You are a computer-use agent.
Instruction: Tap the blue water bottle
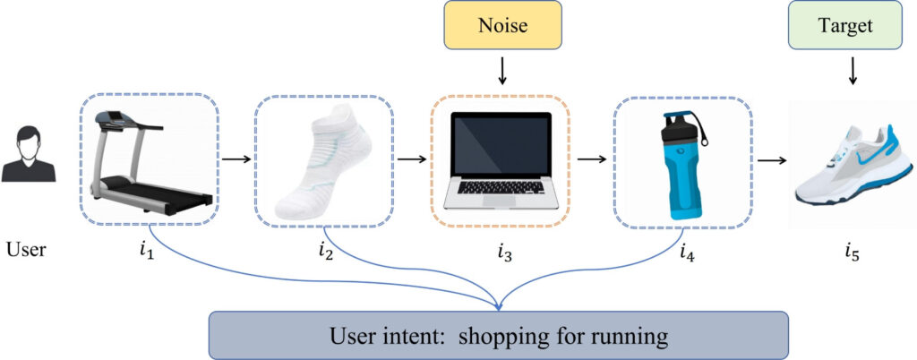tap(681, 166)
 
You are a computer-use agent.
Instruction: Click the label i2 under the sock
tap(325, 252)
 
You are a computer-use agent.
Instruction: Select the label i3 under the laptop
tap(505, 252)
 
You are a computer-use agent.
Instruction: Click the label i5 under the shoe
tap(852, 252)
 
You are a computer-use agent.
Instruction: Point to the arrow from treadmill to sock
tap(236, 161)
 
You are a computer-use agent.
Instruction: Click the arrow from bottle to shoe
tap(772, 161)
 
